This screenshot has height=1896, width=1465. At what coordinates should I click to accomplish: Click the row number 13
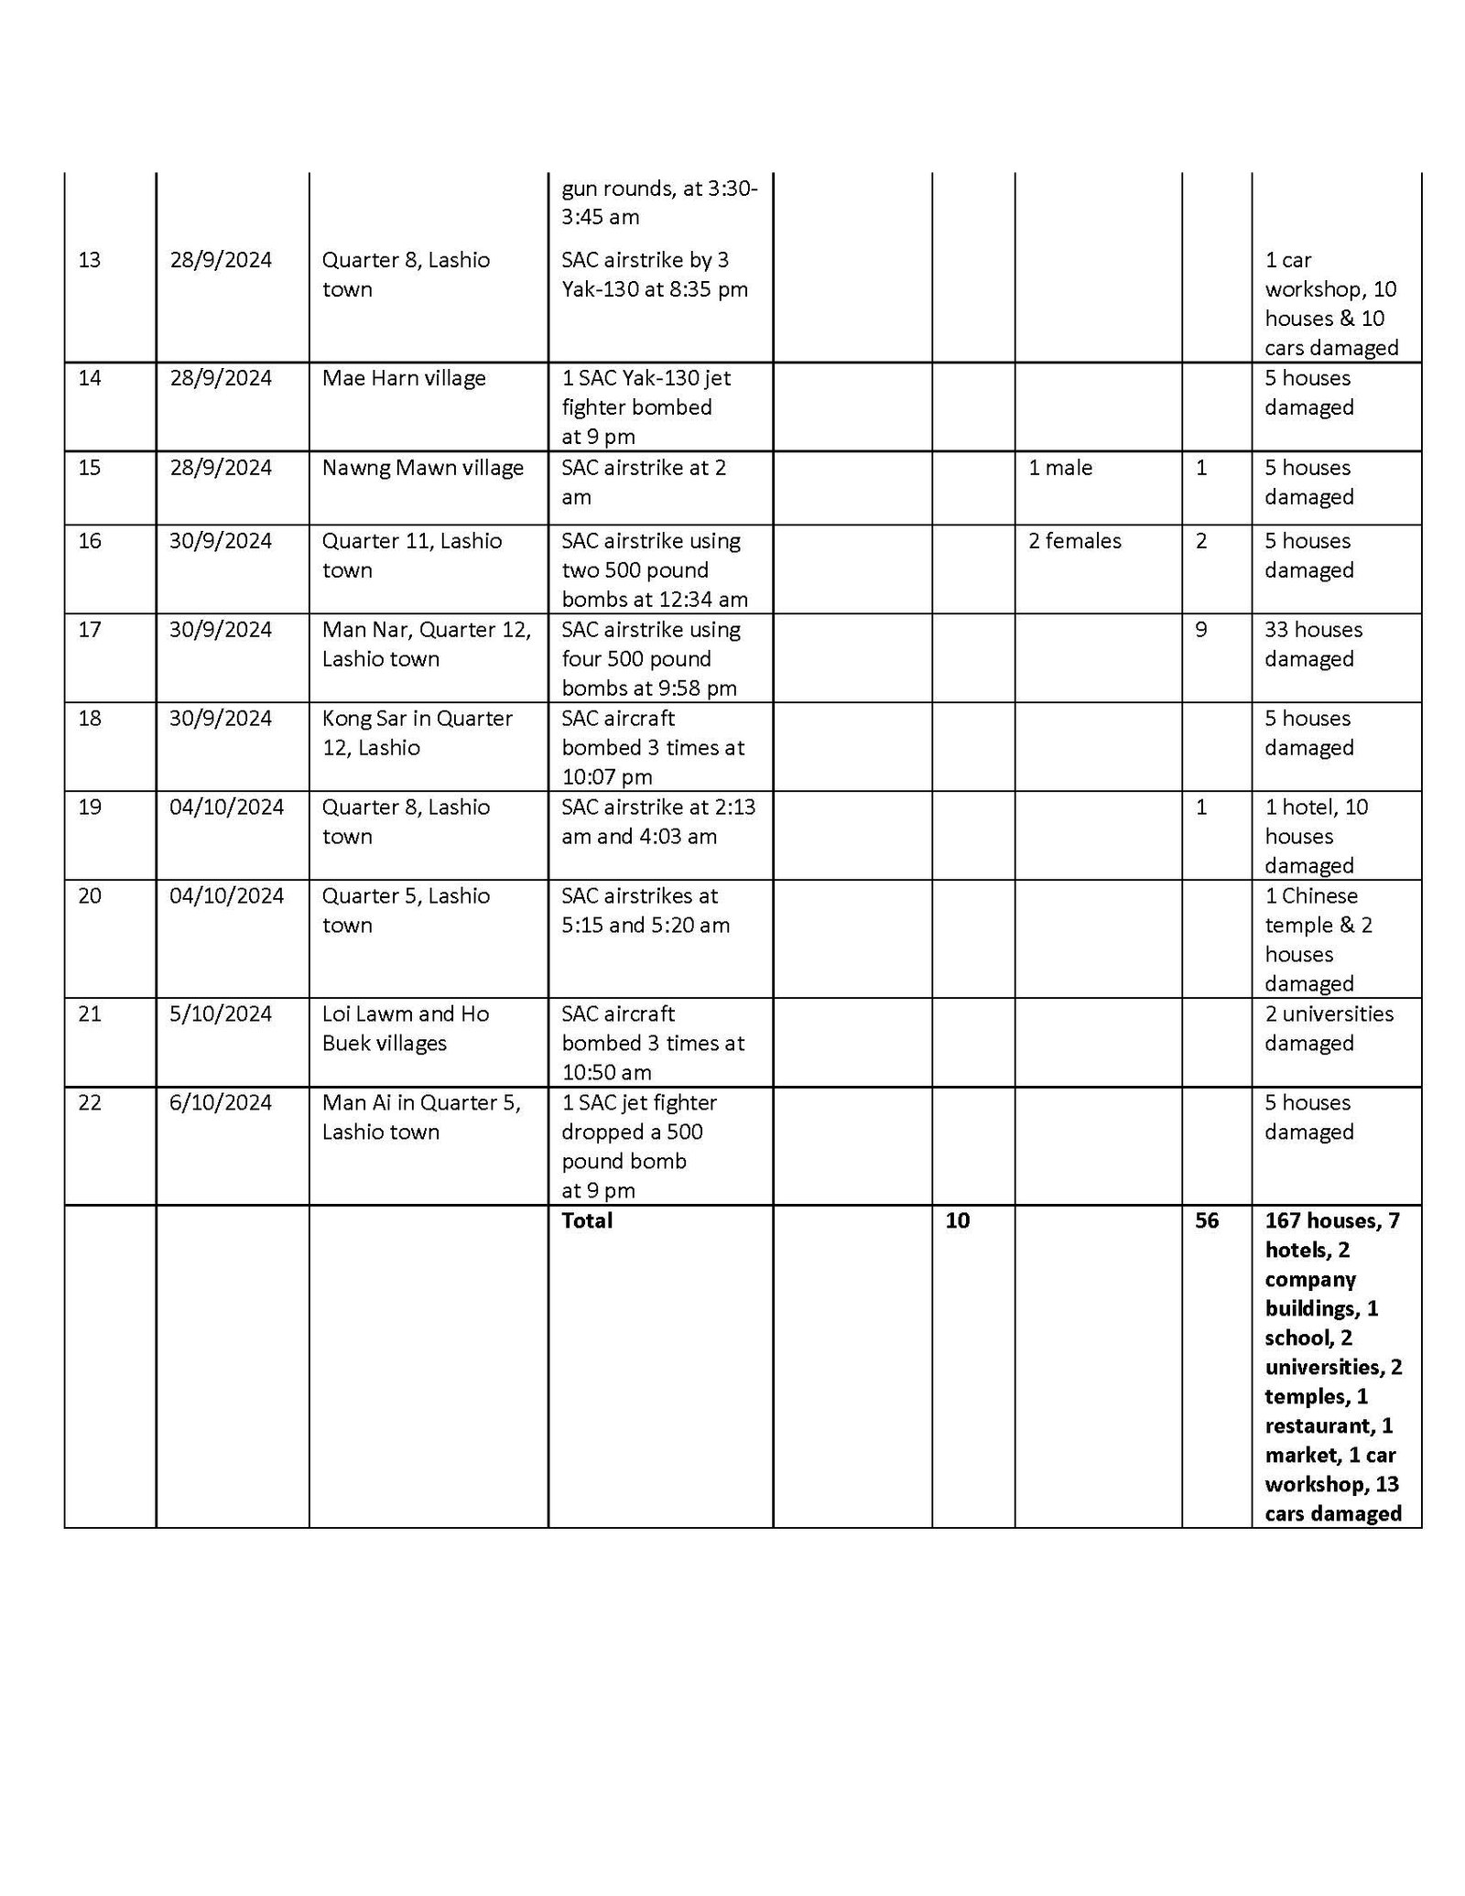coord(90,260)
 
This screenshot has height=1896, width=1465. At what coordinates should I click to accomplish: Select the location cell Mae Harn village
coord(404,378)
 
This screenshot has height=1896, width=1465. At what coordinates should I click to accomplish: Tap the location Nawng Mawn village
coord(422,468)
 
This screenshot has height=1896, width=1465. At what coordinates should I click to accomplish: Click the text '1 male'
coord(1059,468)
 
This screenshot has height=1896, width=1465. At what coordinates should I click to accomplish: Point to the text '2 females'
coord(1074,541)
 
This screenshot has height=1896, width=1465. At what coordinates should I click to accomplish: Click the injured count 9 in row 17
coord(1201,630)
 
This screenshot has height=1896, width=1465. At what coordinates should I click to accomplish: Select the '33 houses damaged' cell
coord(1313,644)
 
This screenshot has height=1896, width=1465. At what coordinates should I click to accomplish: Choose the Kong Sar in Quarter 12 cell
coord(417,732)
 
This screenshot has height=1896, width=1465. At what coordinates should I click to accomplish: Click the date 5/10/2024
coord(221,1013)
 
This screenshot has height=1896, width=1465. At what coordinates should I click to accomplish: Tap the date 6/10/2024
coord(221,1102)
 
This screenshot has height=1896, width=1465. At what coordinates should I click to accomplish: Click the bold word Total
coord(587,1220)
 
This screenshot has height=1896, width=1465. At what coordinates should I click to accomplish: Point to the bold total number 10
coord(958,1220)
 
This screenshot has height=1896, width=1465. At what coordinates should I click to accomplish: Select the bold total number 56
coord(1207,1220)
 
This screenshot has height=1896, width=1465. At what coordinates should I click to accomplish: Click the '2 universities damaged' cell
coord(1329,1028)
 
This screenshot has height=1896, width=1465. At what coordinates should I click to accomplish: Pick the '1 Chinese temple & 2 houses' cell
coord(1318,939)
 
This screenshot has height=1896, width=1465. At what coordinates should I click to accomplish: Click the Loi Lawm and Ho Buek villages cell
coord(405,1028)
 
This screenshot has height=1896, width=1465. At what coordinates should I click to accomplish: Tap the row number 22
coord(90,1102)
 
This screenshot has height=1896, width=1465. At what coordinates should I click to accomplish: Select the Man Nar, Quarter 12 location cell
coord(426,644)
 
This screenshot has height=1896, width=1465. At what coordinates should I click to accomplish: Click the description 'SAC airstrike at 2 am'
coord(644,482)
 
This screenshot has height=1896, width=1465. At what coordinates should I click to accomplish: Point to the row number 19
coord(90,807)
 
